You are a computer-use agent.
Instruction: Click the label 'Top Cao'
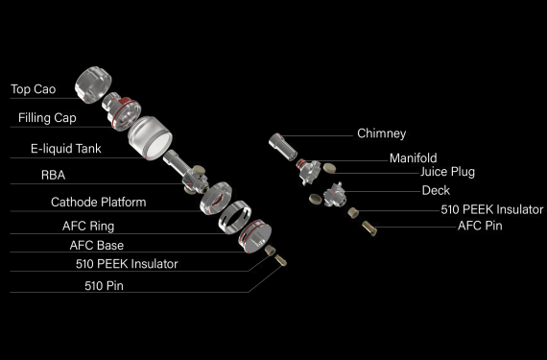coord(34,89)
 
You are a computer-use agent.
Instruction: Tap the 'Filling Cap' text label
coord(47,118)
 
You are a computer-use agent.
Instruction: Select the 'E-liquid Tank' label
coord(66,149)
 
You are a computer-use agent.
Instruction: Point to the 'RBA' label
coord(53,175)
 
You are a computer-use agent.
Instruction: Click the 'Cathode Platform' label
coord(99,202)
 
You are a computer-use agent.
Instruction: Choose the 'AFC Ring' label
coord(88,226)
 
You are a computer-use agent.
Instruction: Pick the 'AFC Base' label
coord(97,245)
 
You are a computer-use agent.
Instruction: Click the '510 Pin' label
coord(104,286)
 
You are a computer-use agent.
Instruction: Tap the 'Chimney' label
coord(382,133)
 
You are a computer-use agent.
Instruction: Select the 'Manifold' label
coord(413,158)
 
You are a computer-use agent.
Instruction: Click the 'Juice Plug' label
coord(447,172)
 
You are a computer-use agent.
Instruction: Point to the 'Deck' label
coord(436,190)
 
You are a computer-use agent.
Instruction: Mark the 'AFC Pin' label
coord(480,226)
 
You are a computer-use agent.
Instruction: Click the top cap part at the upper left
coord(93,84)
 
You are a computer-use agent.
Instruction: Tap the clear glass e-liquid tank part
coord(150,138)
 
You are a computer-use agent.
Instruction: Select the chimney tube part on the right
coord(283,147)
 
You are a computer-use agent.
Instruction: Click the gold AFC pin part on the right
coord(369,228)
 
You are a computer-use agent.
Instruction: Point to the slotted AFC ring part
coord(235,217)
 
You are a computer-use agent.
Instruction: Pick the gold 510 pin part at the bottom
coord(281,260)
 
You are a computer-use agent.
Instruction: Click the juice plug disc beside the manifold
coord(329,169)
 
